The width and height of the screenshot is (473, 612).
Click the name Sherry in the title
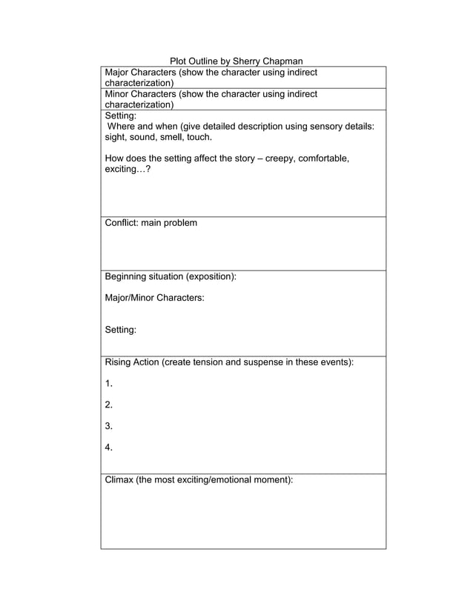pos(248,61)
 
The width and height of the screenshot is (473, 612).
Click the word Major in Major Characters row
pos(119,72)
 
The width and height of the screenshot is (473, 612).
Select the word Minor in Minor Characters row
pos(119,94)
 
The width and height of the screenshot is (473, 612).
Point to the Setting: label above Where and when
pos(121,116)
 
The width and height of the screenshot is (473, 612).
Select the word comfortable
pos(322,159)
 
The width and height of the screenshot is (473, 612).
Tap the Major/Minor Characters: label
pos(154,298)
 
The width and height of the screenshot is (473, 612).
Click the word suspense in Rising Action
pos(267,362)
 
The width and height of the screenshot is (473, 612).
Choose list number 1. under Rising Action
pos(109,384)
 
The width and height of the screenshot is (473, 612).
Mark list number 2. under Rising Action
pos(109,405)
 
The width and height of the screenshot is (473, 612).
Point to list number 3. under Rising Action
pos(109,426)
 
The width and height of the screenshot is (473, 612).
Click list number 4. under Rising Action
pos(109,448)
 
